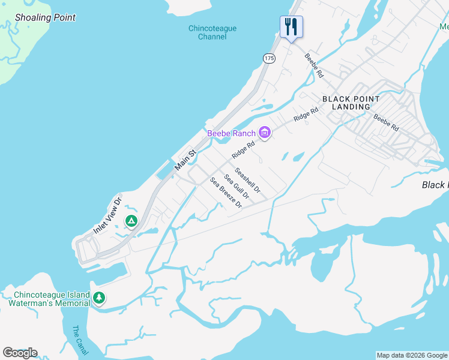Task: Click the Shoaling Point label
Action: tap(46, 17)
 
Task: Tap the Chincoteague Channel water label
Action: tap(212, 32)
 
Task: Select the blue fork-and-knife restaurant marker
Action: tap(291, 27)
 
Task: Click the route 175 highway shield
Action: tap(269, 58)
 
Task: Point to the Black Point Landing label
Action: tap(351, 103)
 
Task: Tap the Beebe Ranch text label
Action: tap(231, 133)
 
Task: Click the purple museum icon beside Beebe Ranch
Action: tap(265, 133)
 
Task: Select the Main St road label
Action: tap(185, 160)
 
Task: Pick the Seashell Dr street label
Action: tap(247, 180)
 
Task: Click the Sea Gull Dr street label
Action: tap(236, 186)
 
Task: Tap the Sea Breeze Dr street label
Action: tap(225, 193)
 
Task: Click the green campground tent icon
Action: tap(131, 221)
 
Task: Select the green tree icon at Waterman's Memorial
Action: tap(99, 298)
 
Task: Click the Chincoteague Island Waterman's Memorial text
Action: tap(49, 299)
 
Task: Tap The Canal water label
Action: tap(79, 339)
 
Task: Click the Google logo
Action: tap(20, 353)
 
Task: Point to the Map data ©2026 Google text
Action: tap(412, 355)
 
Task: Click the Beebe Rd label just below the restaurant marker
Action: tap(314, 67)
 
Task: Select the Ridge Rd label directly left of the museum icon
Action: tap(244, 147)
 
